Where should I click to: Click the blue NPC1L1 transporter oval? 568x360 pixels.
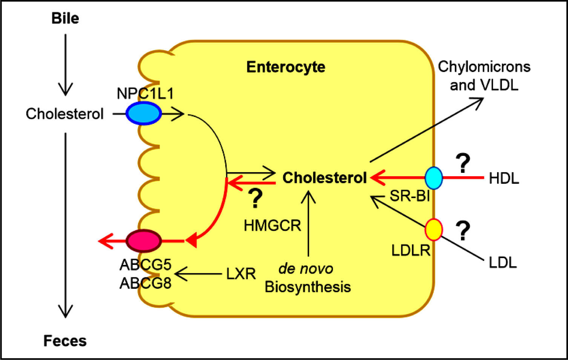[143, 113]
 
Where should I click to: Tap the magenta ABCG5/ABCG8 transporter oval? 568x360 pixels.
[143, 241]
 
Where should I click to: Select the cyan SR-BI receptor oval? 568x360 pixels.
[433, 178]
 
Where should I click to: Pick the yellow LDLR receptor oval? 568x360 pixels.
[433, 229]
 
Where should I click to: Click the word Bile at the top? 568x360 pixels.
[65, 18]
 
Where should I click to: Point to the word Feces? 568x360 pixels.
[65, 341]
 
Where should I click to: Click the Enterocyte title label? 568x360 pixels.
[286, 67]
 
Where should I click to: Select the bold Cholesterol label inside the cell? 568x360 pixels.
[324, 178]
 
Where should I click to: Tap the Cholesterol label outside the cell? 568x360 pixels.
[64, 114]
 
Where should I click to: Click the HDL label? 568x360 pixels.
[504, 178]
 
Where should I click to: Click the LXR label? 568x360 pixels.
[241, 274]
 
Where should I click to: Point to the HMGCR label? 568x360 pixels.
[272, 226]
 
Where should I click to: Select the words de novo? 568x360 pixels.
[305, 269]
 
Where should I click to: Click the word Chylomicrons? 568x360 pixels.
[484, 67]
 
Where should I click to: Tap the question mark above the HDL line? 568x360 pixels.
[463, 163]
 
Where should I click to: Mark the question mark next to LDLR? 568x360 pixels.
[463, 231]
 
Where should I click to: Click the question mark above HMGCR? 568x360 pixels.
[255, 198]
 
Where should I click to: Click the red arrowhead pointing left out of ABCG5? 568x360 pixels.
[106, 241]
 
